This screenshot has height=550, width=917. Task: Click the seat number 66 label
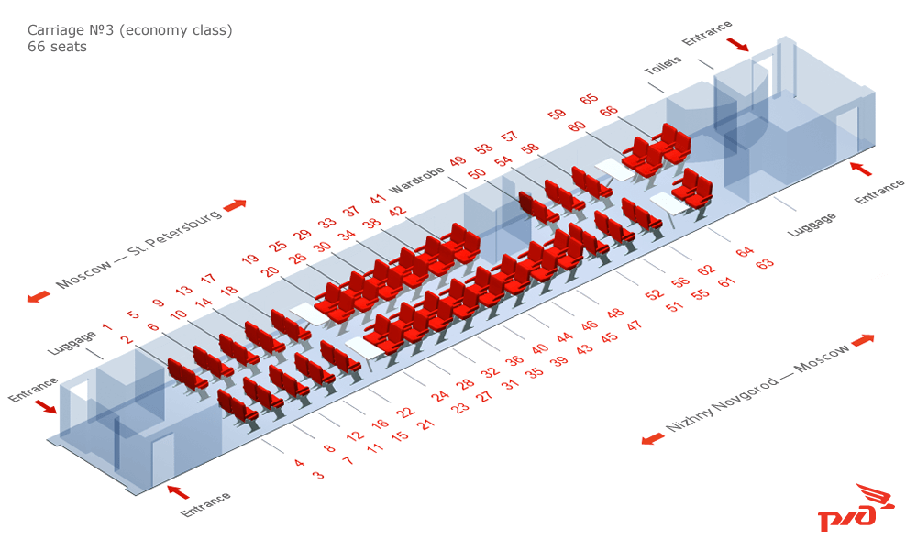click(609, 111)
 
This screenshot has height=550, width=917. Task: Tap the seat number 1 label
click(107, 327)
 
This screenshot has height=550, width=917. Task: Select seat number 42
click(398, 212)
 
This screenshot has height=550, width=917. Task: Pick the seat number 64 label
click(745, 252)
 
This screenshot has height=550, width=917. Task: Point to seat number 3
click(318, 475)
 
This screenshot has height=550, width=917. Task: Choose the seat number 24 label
click(440, 396)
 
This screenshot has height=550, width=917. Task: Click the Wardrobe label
click(416, 180)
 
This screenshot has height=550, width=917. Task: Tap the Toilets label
click(663, 65)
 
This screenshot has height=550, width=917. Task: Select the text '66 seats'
click(57, 47)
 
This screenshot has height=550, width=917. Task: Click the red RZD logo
click(856, 508)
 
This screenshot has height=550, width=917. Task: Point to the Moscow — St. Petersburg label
click(139, 247)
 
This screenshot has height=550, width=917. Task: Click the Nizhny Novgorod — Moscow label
click(757, 388)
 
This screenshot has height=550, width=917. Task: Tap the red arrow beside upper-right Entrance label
click(737, 44)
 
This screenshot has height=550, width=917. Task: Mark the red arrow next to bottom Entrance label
click(179, 491)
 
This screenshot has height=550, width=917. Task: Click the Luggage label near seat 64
click(812, 225)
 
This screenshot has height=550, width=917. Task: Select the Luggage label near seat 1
click(72, 343)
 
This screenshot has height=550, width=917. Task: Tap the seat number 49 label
click(458, 161)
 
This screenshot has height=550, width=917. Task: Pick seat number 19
click(249, 258)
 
